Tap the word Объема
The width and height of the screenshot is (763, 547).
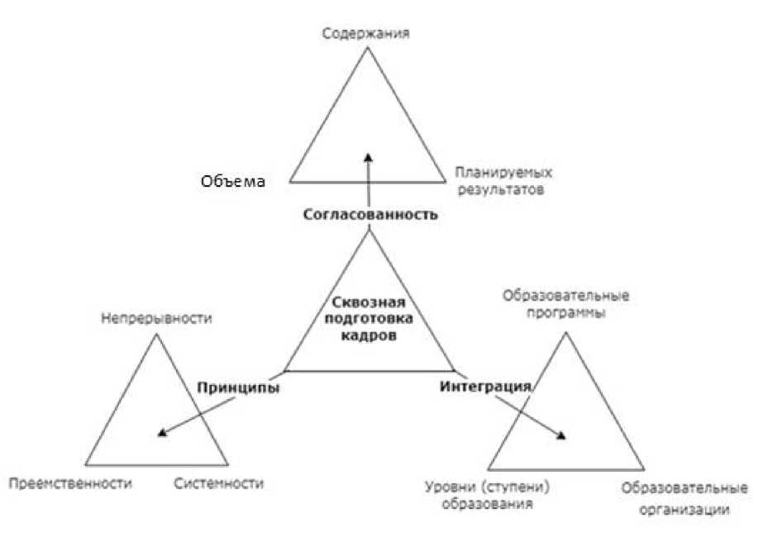pos(232,181)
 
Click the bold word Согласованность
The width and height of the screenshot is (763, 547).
pos(368,215)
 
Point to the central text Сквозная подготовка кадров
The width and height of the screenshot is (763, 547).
pos(369,320)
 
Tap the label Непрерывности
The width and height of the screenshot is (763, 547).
pos(156,317)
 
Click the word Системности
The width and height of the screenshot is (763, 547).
pos(219,483)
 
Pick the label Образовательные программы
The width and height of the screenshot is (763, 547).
pos(565,304)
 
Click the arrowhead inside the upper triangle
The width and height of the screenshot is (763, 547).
pos(369,155)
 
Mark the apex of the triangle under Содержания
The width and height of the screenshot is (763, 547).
pos(369,49)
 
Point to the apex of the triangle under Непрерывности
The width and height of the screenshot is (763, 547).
pos(156,334)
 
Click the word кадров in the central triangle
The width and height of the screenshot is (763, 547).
pos(369,336)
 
